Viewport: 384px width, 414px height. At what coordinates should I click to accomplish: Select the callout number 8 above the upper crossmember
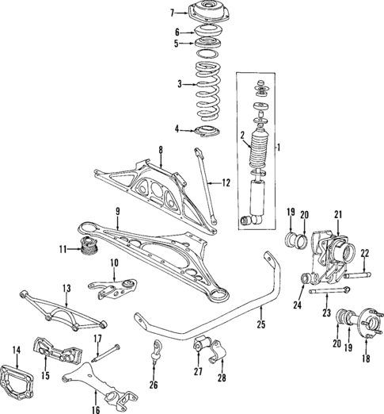click(x=160, y=149)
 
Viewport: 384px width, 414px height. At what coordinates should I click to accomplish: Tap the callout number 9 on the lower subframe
click(x=117, y=211)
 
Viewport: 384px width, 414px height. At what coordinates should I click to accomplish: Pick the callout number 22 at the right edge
click(x=365, y=253)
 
